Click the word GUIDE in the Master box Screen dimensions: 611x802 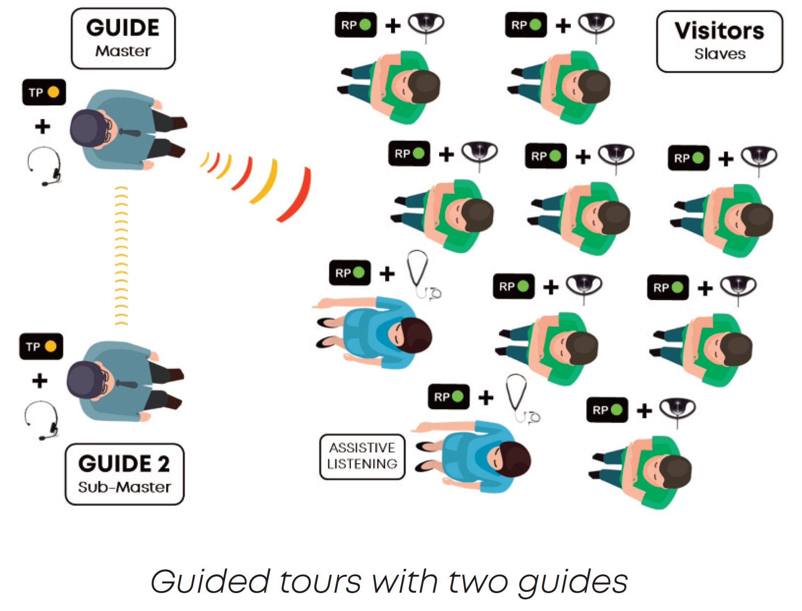(x=123, y=28)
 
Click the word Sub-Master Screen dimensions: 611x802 (x=124, y=487)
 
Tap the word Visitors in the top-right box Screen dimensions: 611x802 (x=719, y=31)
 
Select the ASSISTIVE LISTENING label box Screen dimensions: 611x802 (x=362, y=456)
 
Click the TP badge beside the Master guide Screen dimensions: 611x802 (x=44, y=92)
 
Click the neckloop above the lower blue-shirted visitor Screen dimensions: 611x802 (x=520, y=398)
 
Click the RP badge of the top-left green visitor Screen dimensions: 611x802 (x=355, y=25)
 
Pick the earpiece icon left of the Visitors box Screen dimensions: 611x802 (x=596, y=25)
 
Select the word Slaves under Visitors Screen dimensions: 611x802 (x=719, y=54)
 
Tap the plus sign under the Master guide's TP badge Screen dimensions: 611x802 (x=42, y=126)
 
